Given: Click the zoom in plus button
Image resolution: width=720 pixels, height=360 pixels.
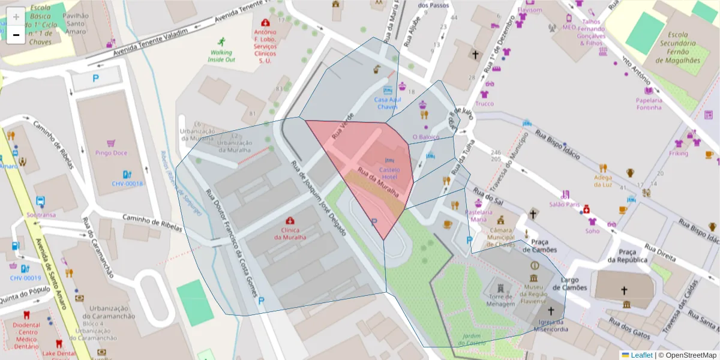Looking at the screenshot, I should click(16, 16).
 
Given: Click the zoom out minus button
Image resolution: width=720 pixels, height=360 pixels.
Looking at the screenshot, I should click(16, 35).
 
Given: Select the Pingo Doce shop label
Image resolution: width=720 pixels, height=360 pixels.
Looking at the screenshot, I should click(111, 153).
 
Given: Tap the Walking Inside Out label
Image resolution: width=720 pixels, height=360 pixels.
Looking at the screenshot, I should click(221, 56).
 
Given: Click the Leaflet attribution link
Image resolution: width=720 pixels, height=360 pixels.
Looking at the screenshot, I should click(641, 355).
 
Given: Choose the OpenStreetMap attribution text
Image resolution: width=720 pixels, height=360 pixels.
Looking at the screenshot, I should click(687, 355).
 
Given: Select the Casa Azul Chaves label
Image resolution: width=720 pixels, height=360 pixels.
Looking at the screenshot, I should click(388, 103).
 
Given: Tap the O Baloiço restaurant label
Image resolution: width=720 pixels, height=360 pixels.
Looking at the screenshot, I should click(425, 137).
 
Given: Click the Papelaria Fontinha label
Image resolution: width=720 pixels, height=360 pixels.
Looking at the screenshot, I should click(649, 104).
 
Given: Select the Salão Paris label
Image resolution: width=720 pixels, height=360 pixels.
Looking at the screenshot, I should click(564, 205).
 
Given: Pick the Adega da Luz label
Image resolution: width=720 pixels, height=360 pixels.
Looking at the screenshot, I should click(603, 181).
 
